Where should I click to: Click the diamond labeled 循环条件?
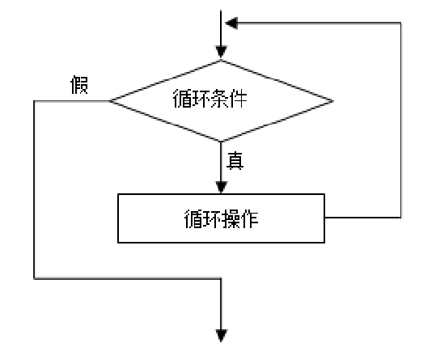tap(221, 101)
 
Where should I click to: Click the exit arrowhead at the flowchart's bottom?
tap(221, 332)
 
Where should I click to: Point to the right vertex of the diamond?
tap(333, 101)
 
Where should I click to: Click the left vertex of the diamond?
tap(109, 101)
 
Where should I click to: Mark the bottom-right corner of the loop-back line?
tap(401, 218)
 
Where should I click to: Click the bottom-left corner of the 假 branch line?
tap(34, 277)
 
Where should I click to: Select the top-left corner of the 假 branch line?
tap(34, 101)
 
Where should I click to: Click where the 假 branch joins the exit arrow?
tap(221, 277)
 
